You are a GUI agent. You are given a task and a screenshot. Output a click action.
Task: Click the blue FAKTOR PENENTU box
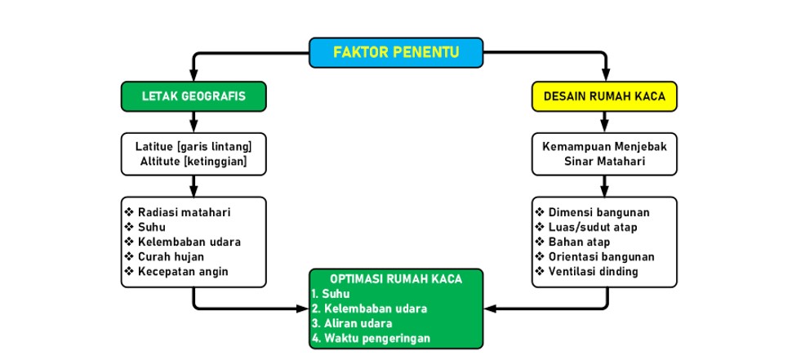coord(396,52)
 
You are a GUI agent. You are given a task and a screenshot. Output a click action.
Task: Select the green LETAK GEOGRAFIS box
coord(194,96)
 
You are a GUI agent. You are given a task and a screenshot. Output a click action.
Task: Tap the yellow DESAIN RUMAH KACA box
coord(604,96)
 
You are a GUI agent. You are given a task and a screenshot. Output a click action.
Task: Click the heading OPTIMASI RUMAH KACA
coord(396,279)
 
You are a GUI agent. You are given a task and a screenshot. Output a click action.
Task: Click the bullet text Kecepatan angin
coord(184,272)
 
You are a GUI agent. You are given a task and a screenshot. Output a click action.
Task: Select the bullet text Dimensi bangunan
coord(599,212)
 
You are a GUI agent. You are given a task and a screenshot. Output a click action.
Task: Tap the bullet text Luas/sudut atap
coord(593,227)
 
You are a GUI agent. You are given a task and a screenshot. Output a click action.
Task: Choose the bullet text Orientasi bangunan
coord(602,257)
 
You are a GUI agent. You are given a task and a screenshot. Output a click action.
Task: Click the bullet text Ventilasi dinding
coord(594,272)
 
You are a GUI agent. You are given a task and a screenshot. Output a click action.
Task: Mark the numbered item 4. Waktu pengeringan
coord(372,338)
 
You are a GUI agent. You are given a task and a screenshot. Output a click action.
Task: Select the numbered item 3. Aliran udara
coord(352,323)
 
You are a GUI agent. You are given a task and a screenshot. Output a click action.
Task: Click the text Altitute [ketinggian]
coord(194,162)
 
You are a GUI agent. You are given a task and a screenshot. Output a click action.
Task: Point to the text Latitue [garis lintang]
coord(194,147)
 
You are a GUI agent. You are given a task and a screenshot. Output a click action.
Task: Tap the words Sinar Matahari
coord(604,162)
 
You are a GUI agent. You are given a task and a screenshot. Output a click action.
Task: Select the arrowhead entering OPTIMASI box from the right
coord(489,309)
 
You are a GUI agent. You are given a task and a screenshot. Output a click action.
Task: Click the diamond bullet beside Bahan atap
coord(540,242)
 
